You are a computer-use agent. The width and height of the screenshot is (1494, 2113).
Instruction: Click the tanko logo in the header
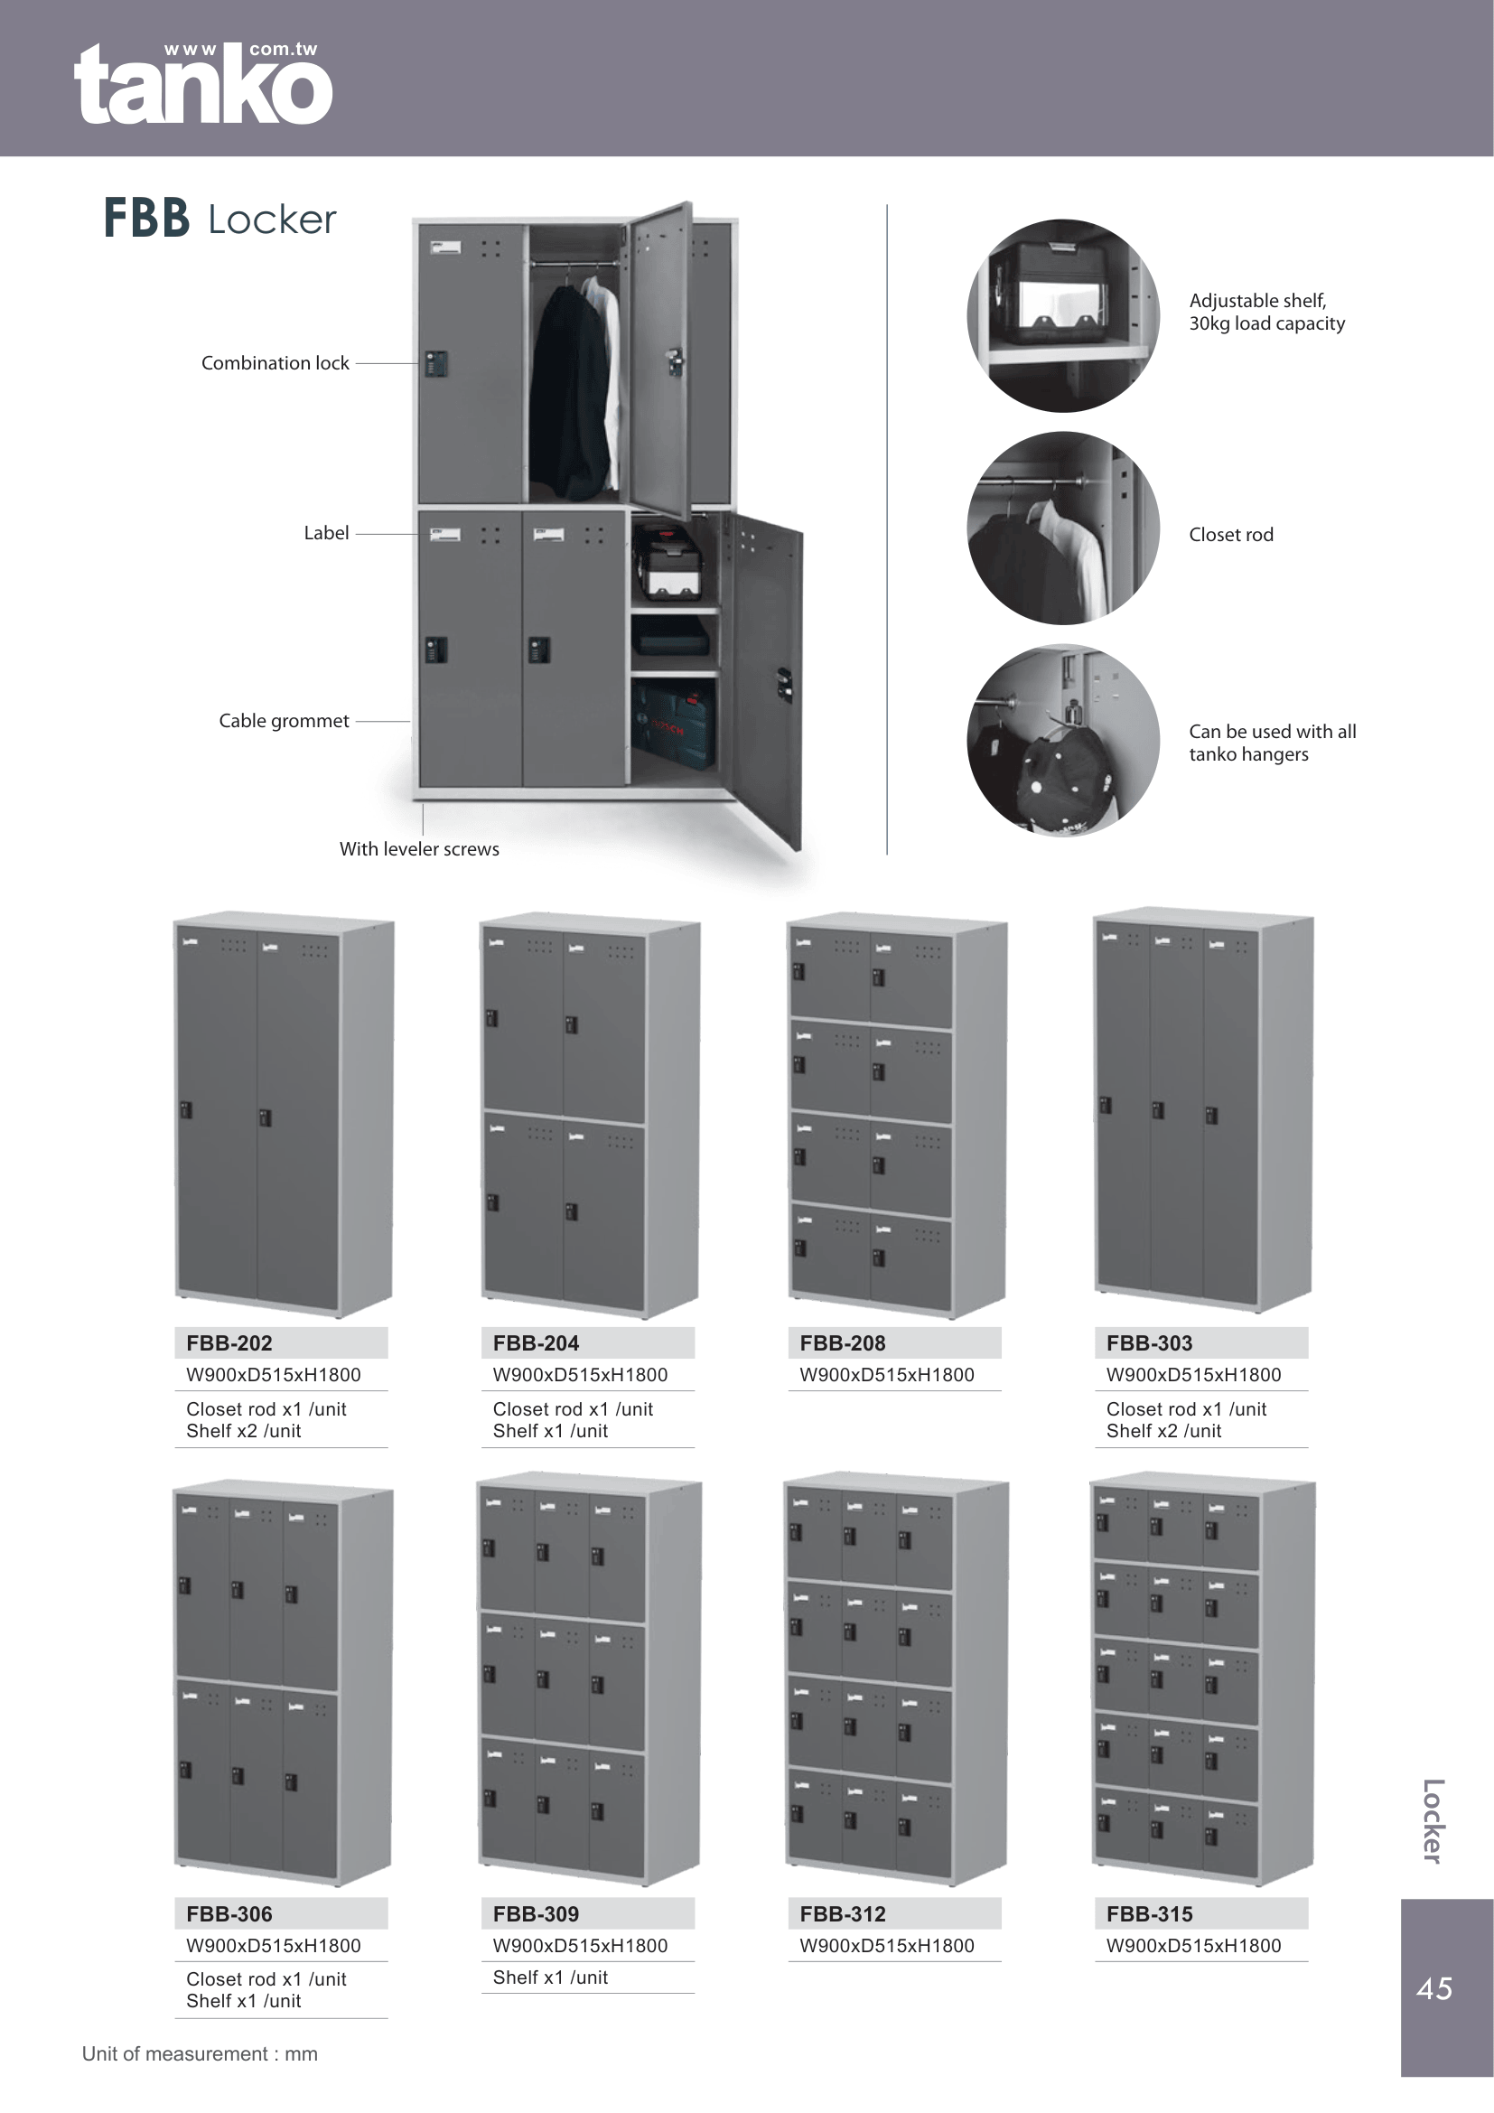(203, 83)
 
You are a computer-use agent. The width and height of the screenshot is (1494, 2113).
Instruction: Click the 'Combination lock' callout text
(275, 363)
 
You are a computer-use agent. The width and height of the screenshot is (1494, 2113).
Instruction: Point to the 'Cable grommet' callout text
(285, 721)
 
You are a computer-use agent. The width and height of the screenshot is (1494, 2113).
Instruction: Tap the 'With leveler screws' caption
(419, 848)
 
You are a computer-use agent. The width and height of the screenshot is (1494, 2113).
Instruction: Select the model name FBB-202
(229, 1342)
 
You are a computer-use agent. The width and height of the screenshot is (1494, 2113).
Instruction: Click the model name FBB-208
(843, 1342)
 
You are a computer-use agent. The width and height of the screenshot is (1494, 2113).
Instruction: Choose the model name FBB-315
(1149, 1913)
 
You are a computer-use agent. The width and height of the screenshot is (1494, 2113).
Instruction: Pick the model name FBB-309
(536, 1913)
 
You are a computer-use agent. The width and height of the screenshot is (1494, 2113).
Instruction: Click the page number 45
(1434, 1988)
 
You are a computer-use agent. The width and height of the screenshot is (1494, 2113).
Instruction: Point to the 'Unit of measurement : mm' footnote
(200, 2054)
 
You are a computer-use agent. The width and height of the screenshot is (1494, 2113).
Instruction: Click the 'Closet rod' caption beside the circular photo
(1231, 535)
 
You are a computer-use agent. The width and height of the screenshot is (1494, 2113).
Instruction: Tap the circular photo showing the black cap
(1063, 740)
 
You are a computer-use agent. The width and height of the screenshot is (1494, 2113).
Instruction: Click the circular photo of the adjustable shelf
(1063, 315)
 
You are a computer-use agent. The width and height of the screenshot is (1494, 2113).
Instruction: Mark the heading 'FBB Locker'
(219, 218)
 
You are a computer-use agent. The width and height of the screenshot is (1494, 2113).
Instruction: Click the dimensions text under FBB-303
(1193, 1375)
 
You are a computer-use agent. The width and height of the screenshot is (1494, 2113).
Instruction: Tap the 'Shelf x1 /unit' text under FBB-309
(550, 1977)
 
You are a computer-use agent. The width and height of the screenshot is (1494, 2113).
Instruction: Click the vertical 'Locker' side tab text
(1433, 1821)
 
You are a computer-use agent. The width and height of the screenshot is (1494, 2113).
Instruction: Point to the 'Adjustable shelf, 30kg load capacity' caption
(1266, 312)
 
